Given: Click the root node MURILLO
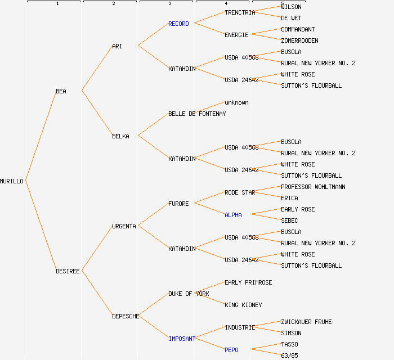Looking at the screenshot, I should coord(12,181).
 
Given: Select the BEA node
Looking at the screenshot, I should coord(61,91).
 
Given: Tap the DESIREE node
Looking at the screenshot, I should coord(68,271).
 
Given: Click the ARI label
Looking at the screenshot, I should coord(117,46).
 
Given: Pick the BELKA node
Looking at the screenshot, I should coord(120,136).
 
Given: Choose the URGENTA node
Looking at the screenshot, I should coord(124,226).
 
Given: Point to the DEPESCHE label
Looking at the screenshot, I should coord(126,316).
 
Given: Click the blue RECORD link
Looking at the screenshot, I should coord(178,24).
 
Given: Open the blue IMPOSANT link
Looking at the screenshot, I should coord(182,339).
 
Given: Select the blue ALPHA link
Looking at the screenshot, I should coord(233,215).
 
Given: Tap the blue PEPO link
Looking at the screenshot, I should coord(231,350).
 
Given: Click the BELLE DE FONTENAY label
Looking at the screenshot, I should coord(197,114).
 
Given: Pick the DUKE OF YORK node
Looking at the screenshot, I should coord(189,294).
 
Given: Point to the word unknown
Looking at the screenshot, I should coord(236,102).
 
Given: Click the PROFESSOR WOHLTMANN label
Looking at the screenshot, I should coord(313,187).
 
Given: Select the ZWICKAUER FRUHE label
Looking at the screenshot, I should coord(306,322).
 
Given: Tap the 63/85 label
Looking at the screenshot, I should coord(289,355).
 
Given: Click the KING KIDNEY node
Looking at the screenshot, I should coord(243,305).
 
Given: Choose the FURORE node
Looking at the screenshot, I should coord(178,204).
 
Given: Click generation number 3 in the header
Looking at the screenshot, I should coord(169,4).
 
